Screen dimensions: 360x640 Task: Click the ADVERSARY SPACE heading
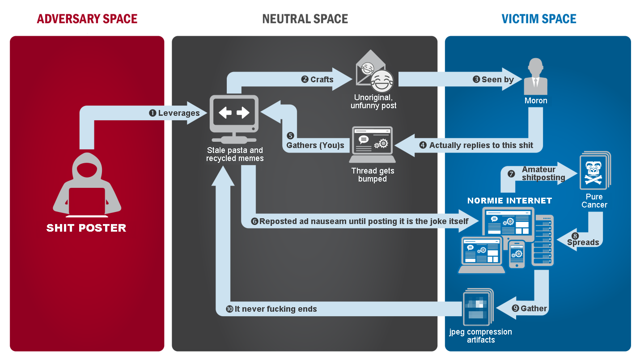point(87,19)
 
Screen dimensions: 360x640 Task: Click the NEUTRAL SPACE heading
point(305,19)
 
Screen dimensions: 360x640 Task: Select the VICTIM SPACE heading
point(538,19)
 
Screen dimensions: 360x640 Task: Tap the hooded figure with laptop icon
point(87,183)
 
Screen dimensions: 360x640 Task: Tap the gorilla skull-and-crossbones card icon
point(594,171)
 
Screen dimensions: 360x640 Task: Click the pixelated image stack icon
point(477,307)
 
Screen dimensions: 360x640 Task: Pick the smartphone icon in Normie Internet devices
point(517,254)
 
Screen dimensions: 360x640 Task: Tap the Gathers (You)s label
point(315,145)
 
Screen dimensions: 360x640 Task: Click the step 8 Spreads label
point(583,242)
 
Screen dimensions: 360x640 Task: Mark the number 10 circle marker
point(229,309)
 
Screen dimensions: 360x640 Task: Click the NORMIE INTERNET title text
point(509,201)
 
